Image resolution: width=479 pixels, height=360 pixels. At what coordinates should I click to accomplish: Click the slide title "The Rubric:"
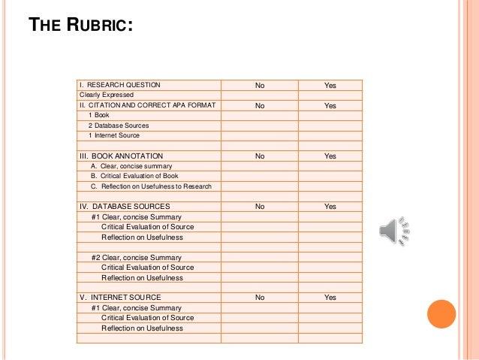(81, 26)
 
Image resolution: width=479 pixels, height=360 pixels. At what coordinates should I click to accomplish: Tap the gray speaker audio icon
(393, 231)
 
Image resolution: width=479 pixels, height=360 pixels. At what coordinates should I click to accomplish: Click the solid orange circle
(441, 314)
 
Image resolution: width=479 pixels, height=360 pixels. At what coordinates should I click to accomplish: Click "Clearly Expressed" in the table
(107, 95)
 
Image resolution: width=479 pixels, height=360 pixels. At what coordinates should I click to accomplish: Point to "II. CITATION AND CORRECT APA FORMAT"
(148, 105)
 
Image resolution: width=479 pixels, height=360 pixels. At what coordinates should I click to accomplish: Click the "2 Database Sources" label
(119, 126)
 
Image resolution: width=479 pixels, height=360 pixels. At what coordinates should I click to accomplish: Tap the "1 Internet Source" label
(114, 135)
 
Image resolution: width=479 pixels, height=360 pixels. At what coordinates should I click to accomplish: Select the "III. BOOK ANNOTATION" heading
(123, 156)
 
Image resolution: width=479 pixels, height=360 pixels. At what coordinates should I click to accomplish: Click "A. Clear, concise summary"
(131, 166)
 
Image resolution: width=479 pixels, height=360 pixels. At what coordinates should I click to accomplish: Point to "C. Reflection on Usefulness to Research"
(151, 186)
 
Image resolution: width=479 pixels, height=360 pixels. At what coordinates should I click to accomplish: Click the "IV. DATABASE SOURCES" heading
(125, 206)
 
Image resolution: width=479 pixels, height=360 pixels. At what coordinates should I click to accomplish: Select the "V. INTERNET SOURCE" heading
(120, 297)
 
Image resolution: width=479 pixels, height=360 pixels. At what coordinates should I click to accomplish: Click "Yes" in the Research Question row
(330, 85)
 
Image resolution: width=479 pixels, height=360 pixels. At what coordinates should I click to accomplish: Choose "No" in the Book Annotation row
(260, 156)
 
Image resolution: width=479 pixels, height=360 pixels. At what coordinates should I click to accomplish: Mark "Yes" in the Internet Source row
(330, 297)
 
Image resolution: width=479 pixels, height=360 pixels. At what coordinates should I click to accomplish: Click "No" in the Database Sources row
(260, 206)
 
